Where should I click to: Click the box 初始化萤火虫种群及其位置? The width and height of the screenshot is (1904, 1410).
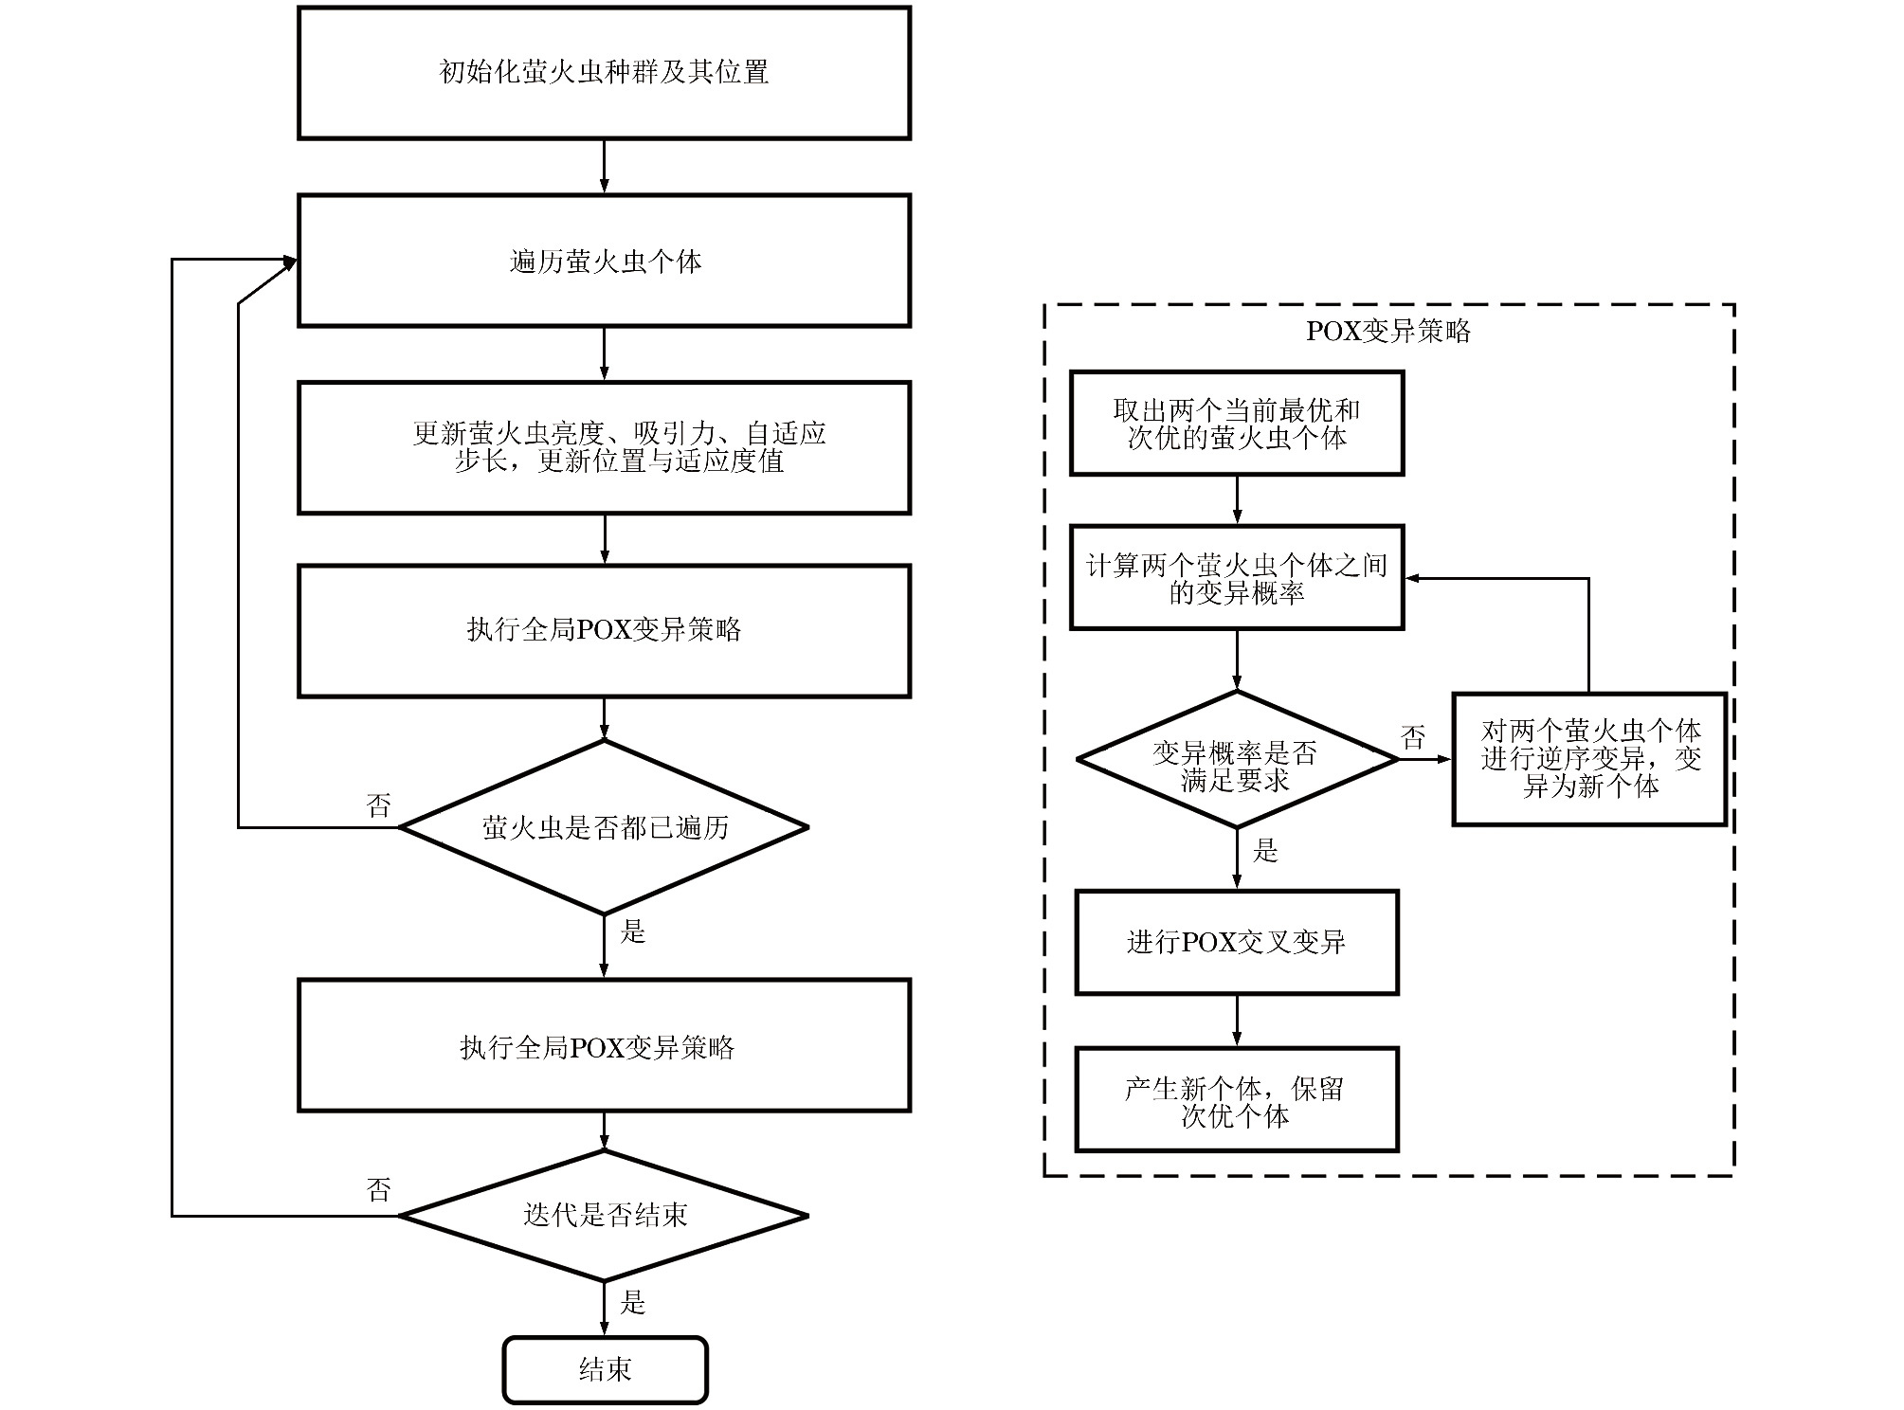click(604, 73)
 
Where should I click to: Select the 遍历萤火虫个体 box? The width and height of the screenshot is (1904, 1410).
click(604, 262)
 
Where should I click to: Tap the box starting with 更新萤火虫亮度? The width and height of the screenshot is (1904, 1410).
click(604, 447)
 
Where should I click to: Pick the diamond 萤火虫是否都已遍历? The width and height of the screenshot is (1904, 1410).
click(604, 827)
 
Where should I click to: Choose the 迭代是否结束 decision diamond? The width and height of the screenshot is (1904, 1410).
click(604, 1215)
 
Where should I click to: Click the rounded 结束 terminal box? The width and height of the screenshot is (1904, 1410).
click(605, 1369)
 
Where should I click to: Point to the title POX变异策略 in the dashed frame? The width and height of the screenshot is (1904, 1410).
click(1387, 331)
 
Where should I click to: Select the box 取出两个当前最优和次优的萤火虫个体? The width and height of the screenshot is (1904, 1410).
click(1236, 424)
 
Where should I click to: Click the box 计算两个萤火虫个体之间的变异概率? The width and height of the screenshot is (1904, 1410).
click(1236, 578)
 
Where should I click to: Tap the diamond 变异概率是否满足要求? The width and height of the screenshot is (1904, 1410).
click(1236, 760)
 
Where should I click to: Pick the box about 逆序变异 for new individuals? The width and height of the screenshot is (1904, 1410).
click(1589, 759)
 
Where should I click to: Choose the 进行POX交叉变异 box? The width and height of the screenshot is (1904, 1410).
click(1236, 942)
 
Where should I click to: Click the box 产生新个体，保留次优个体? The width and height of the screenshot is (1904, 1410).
click(1236, 1100)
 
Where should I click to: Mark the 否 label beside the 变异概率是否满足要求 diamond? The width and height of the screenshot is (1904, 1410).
click(1413, 737)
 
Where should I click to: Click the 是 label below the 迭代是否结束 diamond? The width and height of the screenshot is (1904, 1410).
click(632, 1302)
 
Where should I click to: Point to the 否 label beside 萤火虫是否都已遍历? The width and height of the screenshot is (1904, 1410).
click(379, 805)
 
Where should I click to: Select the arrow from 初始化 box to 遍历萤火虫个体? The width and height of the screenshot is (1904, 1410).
click(604, 167)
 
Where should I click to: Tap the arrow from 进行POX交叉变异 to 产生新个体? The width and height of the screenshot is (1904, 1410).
click(1236, 1021)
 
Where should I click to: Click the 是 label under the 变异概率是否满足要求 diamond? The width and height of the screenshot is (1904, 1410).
click(1265, 851)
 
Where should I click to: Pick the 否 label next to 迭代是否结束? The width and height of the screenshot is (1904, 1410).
click(379, 1189)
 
